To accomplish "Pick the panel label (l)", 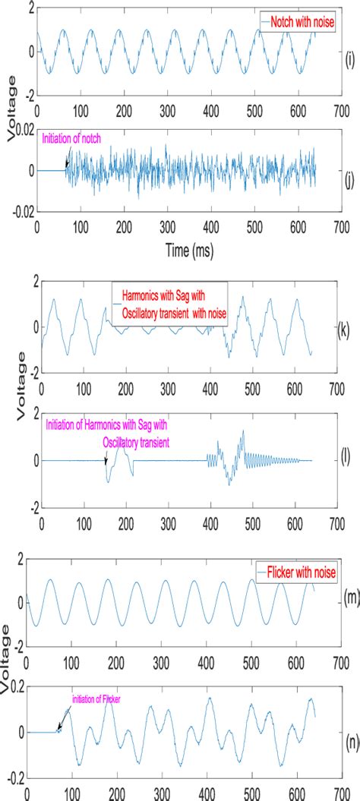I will click(x=346, y=460).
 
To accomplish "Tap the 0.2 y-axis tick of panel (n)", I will click(x=14, y=686).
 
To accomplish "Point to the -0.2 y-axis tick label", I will click(x=13, y=779).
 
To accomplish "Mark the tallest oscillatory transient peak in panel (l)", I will click(x=243, y=431).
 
